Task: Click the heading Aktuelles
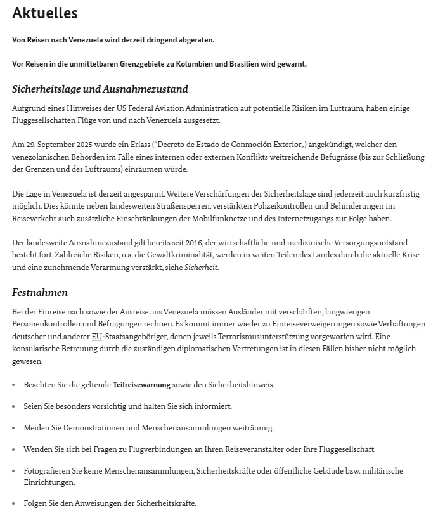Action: click(x=44, y=13)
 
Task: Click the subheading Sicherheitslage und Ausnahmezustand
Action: click(x=100, y=89)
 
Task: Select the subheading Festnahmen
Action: click(x=40, y=292)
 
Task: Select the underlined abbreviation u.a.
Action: click(x=127, y=255)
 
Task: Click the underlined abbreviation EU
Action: click(x=96, y=336)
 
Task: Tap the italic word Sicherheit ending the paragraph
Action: click(x=200, y=267)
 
